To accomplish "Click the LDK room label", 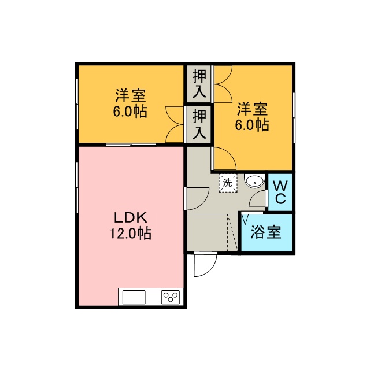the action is pos(131,217).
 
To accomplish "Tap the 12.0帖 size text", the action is pos(131,234).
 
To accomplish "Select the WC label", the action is pos(280,193).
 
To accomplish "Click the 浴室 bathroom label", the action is pos(266,232).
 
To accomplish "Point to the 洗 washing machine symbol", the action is pos(228,183).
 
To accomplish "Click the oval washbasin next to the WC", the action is pos(254,182).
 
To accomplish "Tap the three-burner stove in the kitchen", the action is pos(171,297).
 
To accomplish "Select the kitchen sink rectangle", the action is pos(134,297).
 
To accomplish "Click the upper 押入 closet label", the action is pos(199,83).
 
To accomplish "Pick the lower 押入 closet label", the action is pos(199,124).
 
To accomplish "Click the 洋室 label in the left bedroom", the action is pos(131,95).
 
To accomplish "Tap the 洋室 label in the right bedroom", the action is pos(252,109).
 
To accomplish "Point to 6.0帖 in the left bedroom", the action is pos(130,111).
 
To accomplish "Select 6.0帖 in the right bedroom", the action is pos(252,125).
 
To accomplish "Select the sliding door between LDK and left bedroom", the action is pos(131,145).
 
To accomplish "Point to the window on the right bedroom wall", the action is pos(294,117).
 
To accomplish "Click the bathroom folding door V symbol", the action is pos(245,219).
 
